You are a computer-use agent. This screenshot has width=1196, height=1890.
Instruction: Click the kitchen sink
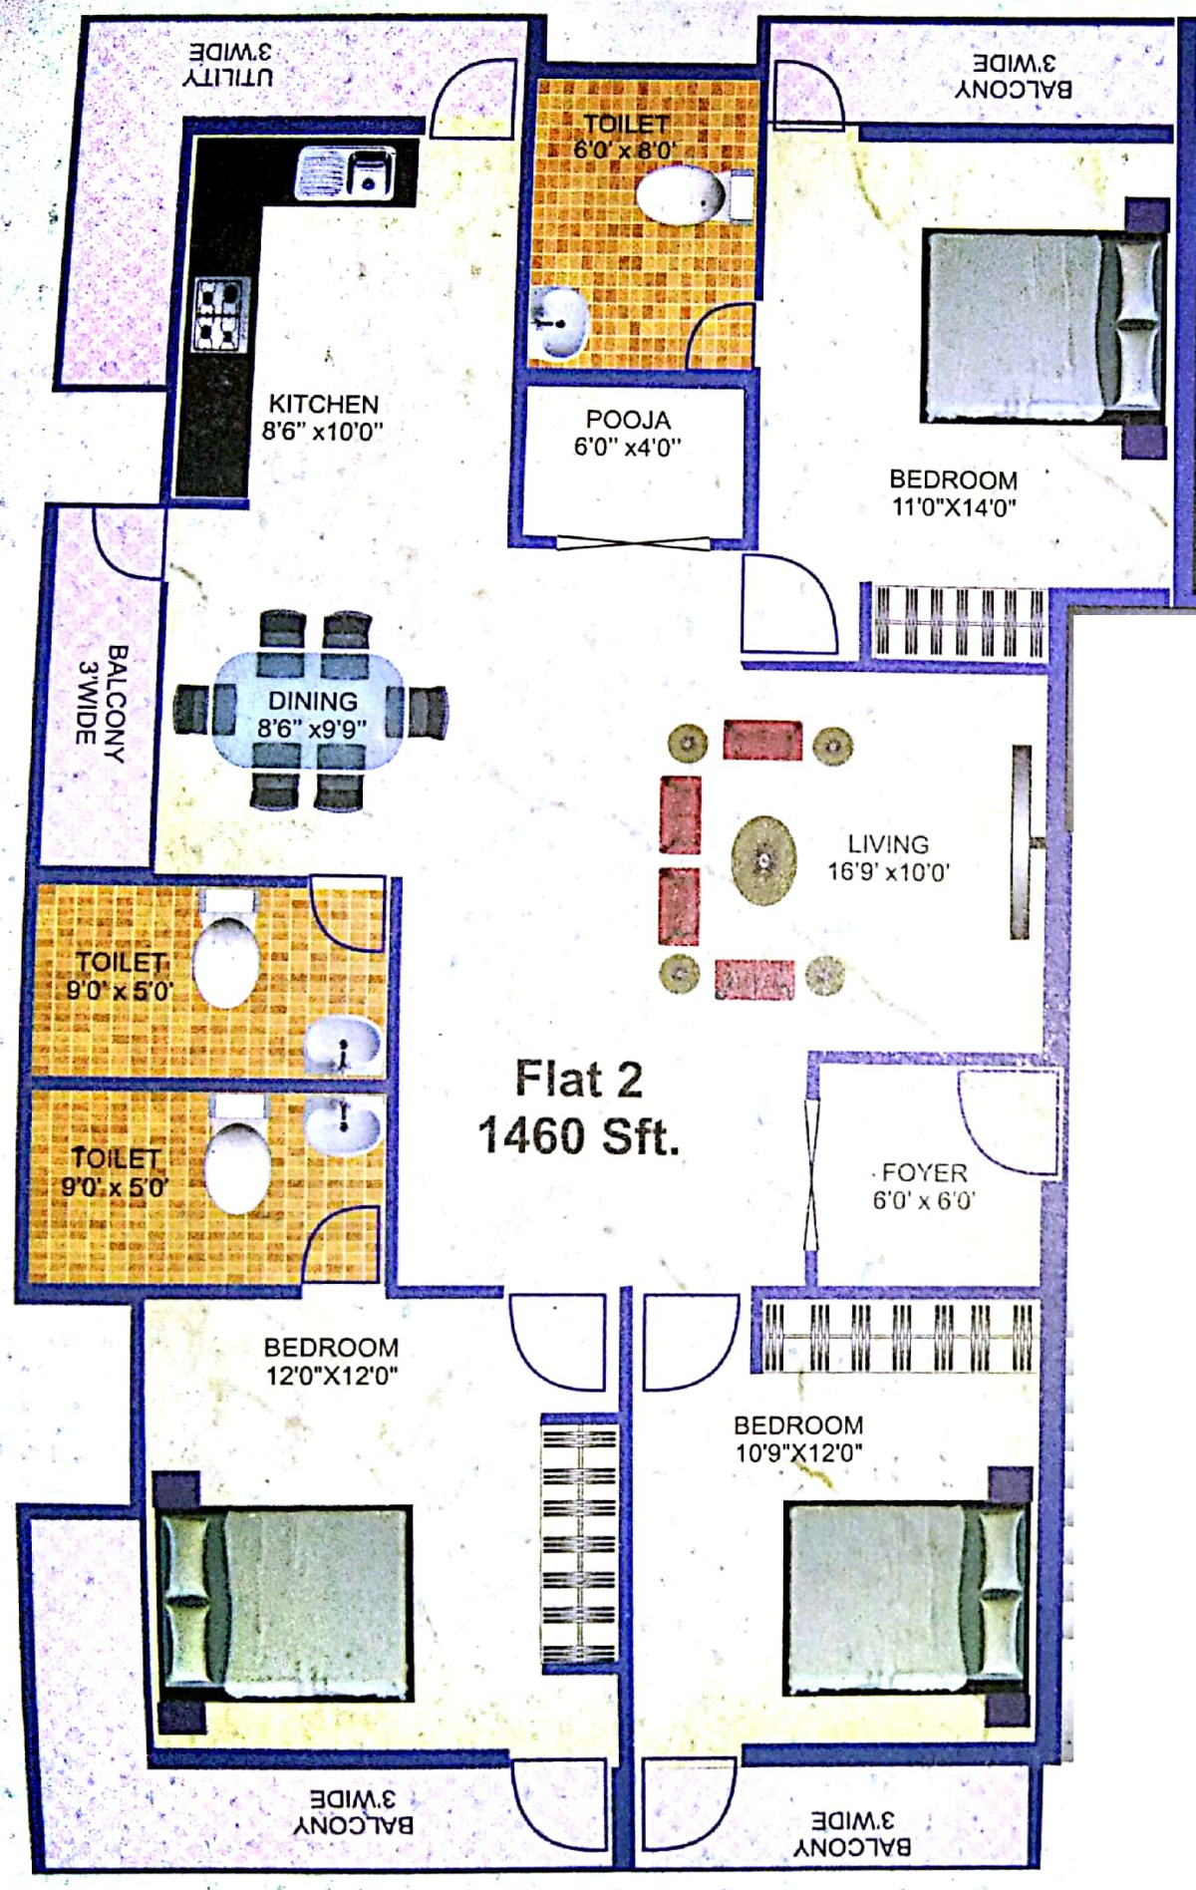point(346,172)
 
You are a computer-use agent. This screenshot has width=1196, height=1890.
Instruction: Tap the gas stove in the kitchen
point(218,314)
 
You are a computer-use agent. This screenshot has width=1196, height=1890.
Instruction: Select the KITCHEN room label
point(324,404)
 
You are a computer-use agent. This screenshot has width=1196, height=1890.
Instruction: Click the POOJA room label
point(628,420)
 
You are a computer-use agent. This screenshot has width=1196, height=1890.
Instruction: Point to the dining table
point(309,709)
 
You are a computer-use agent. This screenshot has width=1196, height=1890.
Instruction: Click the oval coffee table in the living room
point(763,859)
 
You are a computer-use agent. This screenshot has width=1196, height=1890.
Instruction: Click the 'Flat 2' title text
point(579,1079)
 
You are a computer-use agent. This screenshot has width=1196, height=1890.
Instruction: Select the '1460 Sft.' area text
point(579,1135)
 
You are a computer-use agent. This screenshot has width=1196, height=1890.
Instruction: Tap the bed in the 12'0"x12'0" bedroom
point(283,1604)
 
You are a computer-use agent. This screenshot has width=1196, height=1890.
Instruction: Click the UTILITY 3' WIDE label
point(228,64)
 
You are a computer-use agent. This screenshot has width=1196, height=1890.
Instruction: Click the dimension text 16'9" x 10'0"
point(888,872)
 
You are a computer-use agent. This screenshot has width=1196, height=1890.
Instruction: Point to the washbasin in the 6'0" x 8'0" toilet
point(559,322)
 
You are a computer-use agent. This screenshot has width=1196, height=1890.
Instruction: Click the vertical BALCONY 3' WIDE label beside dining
point(103,704)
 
